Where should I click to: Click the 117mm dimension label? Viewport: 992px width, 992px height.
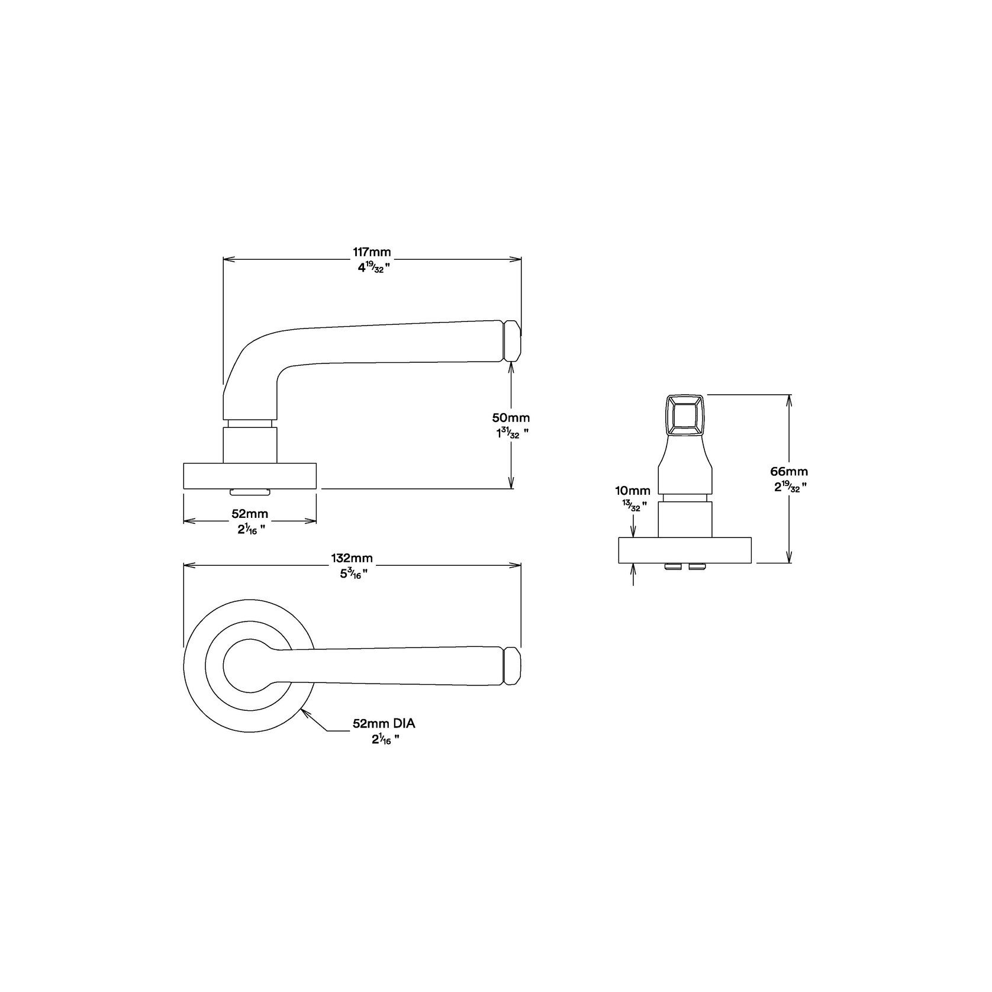(x=372, y=252)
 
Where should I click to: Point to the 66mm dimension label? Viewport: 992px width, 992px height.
(x=788, y=472)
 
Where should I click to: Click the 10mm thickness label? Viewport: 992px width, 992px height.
(x=633, y=490)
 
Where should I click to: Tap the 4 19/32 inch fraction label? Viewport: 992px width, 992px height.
(x=372, y=268)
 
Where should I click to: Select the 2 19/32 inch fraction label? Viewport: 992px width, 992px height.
(x=788, y=488)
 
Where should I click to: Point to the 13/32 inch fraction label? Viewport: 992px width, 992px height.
(x=633, y=505)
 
